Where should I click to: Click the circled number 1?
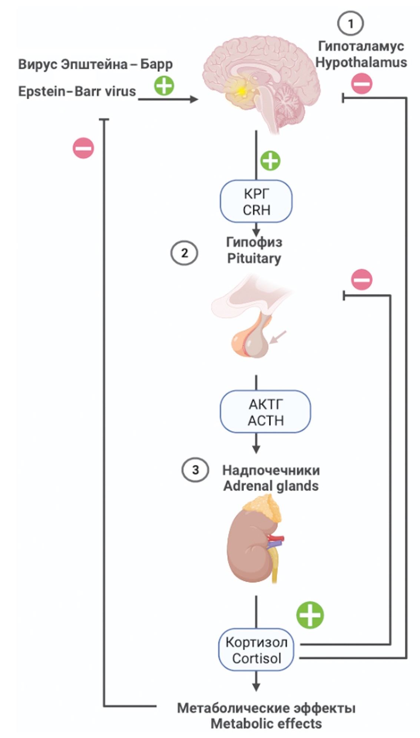pyautogui.click(x=350, y=23)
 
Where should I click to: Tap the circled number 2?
pyautogui.click(x=184, y=253)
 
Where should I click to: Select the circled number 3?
pyautogui.click(x=195, y=470)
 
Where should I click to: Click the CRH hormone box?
pyautogui.click(x=256, y=202)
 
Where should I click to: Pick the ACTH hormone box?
pyautogui.click(x=265, y=412)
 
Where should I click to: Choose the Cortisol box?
pyautogui.click(x=256, y=650)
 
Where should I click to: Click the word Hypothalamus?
pyautogui.click(x=361, y=62)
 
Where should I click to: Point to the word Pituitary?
pyautogui.click(x=254, y=258)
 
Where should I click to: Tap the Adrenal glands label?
pyautogui.click(x=271, y=486)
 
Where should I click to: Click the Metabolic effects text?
pyautogui.click(x=266, y=723)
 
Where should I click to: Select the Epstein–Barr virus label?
pyautogui.click(x=77, y=91)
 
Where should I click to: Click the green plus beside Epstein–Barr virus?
pyautogui.click(x=164, y=86)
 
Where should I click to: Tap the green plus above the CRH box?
pyautogui.click(x=270, y=161)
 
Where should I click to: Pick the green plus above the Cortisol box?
pyautogui.click(x=310, y=615)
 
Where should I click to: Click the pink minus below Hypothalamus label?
pyautogui.click(x=361, y=83)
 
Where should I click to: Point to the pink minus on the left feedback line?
pyautogui.click(x=83, y=148)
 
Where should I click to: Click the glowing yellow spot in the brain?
pyautogui.click(x=241, y=90)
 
